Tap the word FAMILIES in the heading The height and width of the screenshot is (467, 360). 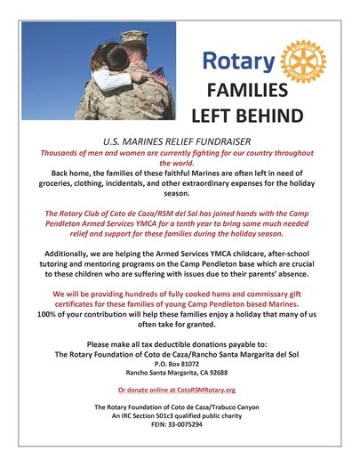click(246, 92)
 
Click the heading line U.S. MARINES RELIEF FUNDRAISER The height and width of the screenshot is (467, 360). click(179, 141)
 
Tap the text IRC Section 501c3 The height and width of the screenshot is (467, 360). click(156, 415)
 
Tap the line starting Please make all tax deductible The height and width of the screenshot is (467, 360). click(179, 343)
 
